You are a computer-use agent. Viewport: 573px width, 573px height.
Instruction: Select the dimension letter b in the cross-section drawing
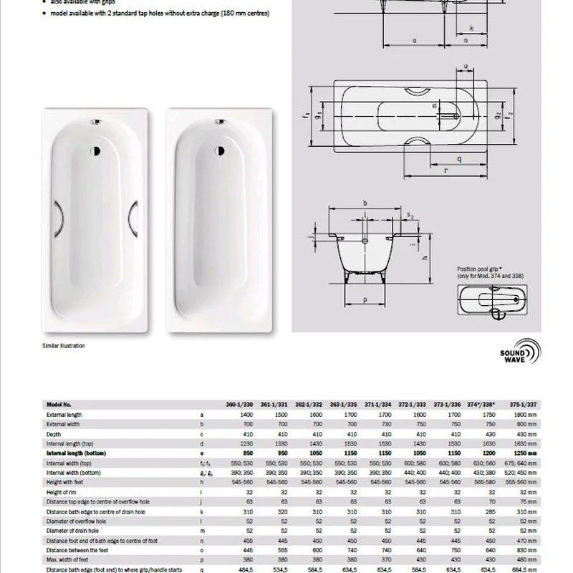(x=365, y=203)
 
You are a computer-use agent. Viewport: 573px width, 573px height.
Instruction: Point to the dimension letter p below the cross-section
(x=365, y=299)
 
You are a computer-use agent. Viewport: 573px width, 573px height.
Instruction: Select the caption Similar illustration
(x=64, y=346)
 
